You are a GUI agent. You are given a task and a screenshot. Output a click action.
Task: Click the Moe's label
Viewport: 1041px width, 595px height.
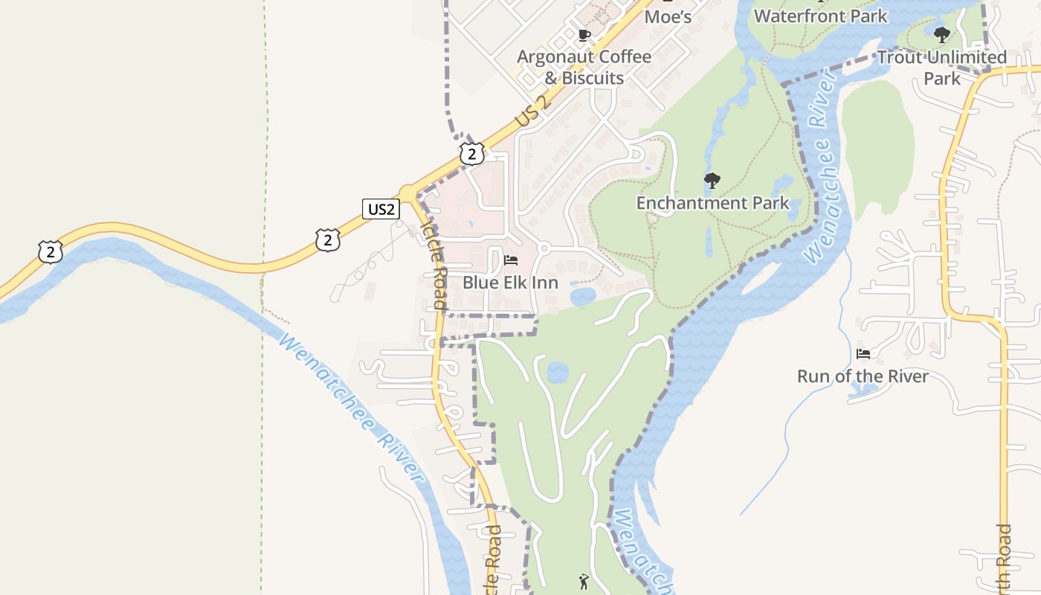[x=668, y=16]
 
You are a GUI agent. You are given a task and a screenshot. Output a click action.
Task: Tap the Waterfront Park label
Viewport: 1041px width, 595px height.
[x=820, y=16]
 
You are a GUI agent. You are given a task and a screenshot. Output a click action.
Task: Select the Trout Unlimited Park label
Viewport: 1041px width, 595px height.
[x=941, y=67]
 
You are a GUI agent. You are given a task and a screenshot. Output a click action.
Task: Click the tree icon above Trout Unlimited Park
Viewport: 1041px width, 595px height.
[x=941, y=34]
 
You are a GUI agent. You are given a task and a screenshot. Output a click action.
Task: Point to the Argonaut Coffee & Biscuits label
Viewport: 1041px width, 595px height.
[x=584, y=67]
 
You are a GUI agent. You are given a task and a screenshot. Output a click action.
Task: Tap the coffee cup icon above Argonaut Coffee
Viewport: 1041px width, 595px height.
[x=584, y=35]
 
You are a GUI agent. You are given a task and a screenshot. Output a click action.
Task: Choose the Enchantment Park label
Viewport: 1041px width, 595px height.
[x=712, y=202]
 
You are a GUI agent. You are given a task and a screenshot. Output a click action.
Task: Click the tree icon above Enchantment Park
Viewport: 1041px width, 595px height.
[x=712, y=180]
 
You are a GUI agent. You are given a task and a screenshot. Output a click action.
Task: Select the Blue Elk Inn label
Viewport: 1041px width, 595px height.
[x=510, y=283]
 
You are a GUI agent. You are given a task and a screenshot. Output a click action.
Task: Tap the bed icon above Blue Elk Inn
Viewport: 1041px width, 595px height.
[x=511, y=260]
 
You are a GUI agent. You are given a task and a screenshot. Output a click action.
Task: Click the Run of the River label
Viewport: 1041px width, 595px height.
[x=863, y=376]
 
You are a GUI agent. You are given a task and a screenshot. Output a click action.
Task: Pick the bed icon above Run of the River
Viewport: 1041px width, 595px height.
[x=863, y=354]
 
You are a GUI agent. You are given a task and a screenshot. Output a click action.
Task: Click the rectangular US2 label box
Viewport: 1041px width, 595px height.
[x=381, y=209]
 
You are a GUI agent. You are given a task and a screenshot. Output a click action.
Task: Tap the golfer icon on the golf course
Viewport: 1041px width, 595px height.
[x=584, y=581]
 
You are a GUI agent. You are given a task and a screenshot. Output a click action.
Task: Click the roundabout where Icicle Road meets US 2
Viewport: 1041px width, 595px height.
[x=407, y=192]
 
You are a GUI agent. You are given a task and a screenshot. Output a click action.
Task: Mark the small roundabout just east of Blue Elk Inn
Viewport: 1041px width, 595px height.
[x=544, y=248]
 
